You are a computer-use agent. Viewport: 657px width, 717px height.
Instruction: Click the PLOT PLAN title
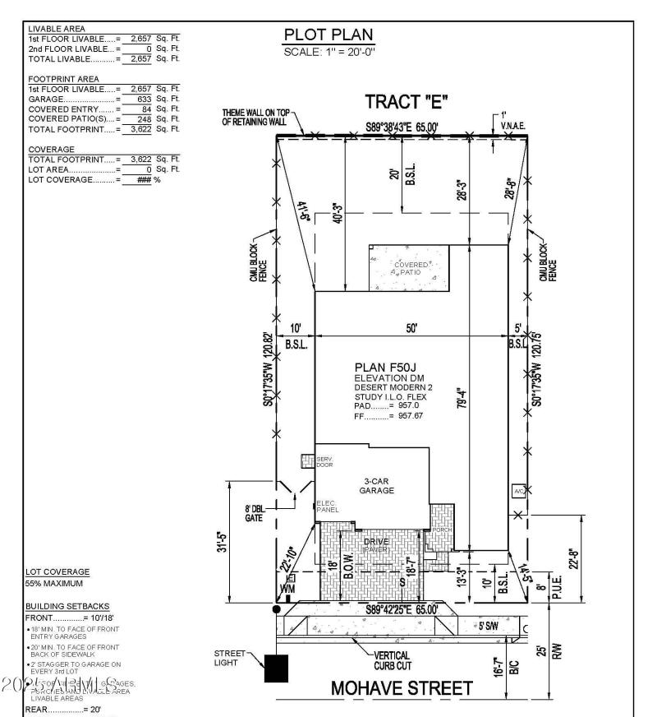[328, 35]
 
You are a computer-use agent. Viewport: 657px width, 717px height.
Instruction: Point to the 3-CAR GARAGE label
[377, 485]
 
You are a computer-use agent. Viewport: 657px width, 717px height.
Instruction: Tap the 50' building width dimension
[411, 328]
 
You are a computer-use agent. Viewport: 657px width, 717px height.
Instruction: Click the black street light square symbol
[276, 668]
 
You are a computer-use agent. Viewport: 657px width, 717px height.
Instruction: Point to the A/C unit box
[518, 491]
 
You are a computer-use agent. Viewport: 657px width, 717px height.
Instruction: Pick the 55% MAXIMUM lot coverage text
[55, 583]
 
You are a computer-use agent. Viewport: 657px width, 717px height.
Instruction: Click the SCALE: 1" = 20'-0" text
[328, 53]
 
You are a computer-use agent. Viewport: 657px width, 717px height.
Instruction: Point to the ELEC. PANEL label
[327, 507]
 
